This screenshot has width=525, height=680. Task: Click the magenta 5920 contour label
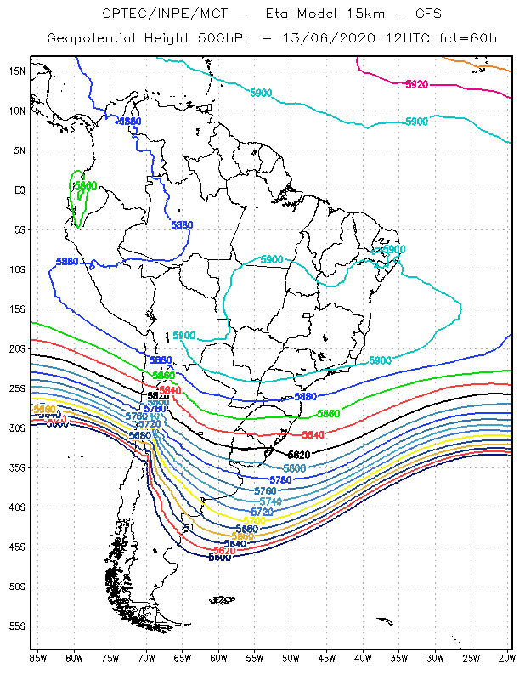(416, 84)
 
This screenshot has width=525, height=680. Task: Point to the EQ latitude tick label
(18, 190)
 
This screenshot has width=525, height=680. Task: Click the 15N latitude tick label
(16, 71)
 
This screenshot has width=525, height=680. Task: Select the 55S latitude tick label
(16, 626)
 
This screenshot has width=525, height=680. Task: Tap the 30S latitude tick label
(16, 428)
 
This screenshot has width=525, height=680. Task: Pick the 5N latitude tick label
(18, 150)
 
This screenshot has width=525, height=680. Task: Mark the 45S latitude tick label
(16, 547)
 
